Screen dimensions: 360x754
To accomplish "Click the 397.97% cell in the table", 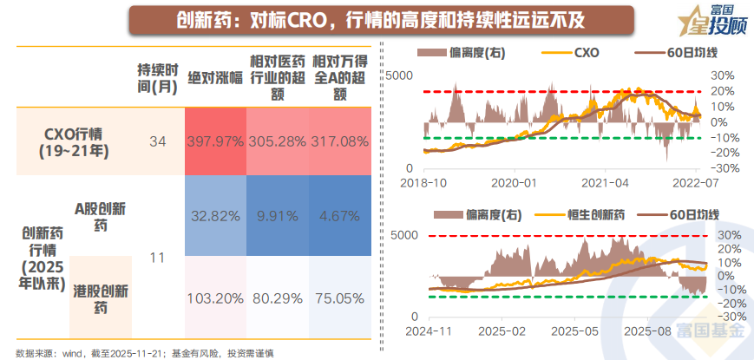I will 214,141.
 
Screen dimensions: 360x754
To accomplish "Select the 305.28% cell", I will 278,141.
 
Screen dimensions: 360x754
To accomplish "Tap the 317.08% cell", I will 341,141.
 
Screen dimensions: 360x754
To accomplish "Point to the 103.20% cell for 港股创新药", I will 214,298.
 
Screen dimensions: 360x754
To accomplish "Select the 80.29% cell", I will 278,298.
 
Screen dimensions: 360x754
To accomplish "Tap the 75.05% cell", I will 341,298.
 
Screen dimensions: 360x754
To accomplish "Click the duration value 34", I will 157,141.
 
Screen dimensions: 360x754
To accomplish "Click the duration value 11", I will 157,258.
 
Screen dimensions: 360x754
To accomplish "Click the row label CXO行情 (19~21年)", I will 73,141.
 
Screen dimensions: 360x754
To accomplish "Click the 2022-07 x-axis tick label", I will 698,184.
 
